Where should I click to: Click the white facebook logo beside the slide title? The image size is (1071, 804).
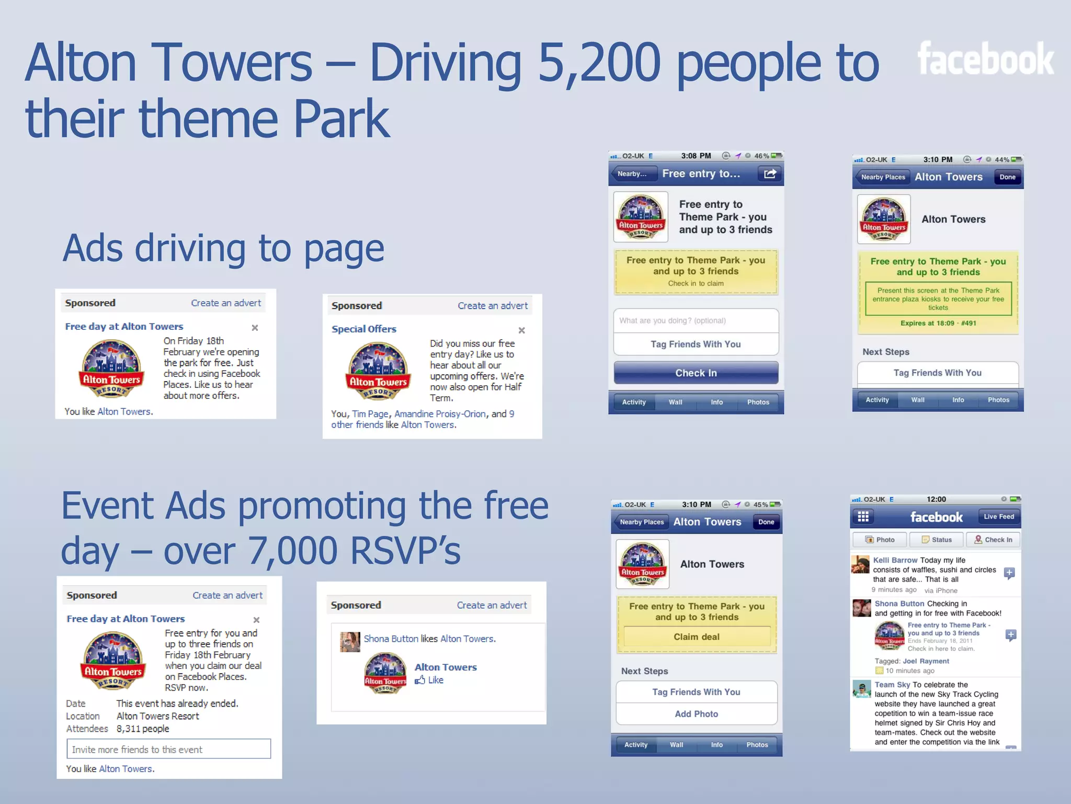[x=985, y=59]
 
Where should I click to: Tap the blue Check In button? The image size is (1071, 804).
[x=696, y=373]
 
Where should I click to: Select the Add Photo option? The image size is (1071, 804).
[x=696, y=714]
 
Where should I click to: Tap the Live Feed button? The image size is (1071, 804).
[x=998, y=517]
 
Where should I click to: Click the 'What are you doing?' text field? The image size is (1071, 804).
[x=696, y=320]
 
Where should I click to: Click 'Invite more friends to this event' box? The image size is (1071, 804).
[x=168, y=749]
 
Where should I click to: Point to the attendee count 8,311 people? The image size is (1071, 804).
[x=143, y=729]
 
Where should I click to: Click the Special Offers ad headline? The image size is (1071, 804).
[x=364, y=329]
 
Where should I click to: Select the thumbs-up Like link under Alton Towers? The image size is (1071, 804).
[x=430, y=680]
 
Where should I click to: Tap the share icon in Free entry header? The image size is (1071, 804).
[x=770, y=174]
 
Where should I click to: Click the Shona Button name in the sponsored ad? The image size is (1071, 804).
[x=391, y=639]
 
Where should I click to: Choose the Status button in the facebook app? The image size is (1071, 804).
[x=937, y=540]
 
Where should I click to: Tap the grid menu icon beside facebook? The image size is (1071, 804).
[x=863, y=517]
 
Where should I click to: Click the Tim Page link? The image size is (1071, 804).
[x=370, y=414]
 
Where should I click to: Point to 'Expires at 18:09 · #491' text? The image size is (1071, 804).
[x=938, y=323]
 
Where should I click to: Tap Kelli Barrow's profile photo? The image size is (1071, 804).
[x=860, y=564]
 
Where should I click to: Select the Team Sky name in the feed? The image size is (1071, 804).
[x=892, y=685]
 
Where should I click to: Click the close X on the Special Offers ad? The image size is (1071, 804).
[x=521, y=330]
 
